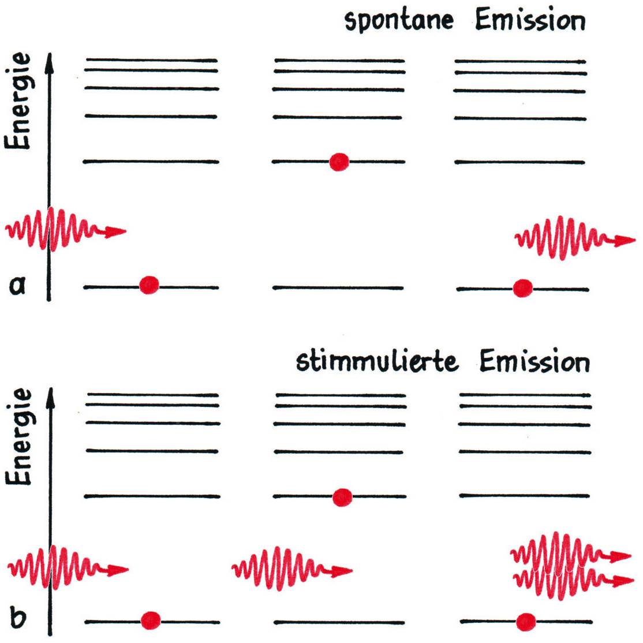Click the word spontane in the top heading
(x=399, y=21)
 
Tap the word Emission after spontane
(x=530, y=21)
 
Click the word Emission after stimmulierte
(x=534, y=362)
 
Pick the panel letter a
(x=18, y=285)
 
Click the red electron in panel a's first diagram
(x=149, y=285)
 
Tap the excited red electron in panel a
(x=339, y=162)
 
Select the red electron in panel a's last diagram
(x=523, y=287)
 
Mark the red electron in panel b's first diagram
(x=151, y=620)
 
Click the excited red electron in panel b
(x=342, y=496)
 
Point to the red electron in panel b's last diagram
(x=526, y=622)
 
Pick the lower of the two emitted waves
(x=566, y=582)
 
